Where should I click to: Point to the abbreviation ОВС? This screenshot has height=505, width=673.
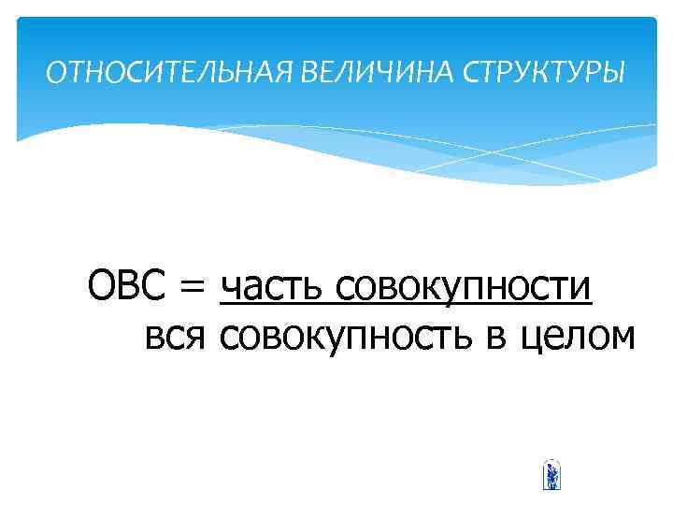(128, 285)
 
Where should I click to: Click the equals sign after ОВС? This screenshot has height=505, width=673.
(193, 287)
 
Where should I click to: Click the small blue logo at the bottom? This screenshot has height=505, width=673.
(551, 476)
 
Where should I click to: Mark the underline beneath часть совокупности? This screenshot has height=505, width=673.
(406, 306)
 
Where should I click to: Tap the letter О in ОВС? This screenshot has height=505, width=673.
(101, 285)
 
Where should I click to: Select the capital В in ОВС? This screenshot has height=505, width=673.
(129, 285)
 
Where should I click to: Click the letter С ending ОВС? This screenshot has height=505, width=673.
(154, 285)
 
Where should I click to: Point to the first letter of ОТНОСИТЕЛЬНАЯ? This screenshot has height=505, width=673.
(55, 73)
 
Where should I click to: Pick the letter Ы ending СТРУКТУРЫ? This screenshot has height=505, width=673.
(615, 73)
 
